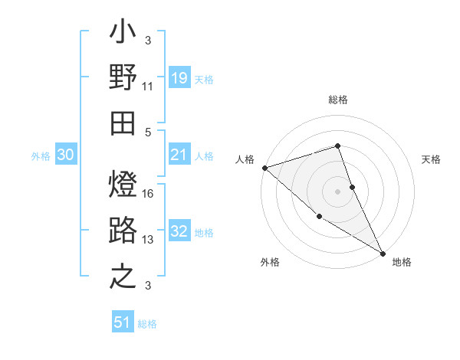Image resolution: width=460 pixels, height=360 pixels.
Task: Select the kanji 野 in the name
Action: coord(123,79)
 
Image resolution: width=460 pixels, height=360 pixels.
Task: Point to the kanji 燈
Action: coord(123,186)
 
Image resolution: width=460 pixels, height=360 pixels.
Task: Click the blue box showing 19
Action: coord(179,77)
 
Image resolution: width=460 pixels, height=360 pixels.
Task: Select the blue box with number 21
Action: coord(179,155)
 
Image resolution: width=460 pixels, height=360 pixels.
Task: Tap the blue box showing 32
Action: coord(179,232)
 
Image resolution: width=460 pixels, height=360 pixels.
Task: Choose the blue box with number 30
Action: coord(65,155)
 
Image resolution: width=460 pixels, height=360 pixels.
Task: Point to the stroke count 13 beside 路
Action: coord(148,240)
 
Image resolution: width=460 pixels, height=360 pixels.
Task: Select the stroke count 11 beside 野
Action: coord(148,87)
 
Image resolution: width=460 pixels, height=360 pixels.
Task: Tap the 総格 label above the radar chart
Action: coord(338,100)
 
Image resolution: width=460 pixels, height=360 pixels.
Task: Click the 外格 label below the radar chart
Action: coord(270,262)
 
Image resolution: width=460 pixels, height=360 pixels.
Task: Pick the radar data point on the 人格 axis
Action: coord(264,168)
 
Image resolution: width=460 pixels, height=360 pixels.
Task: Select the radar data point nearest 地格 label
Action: coord(383,253)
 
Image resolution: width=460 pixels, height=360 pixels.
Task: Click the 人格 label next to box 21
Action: coord(204,156)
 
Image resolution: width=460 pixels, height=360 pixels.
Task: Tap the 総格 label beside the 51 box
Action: coord(147,324)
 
